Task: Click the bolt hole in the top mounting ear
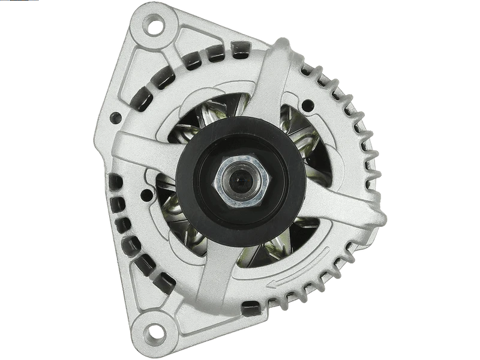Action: click(155, 26)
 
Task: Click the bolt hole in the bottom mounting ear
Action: click(154, 331)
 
